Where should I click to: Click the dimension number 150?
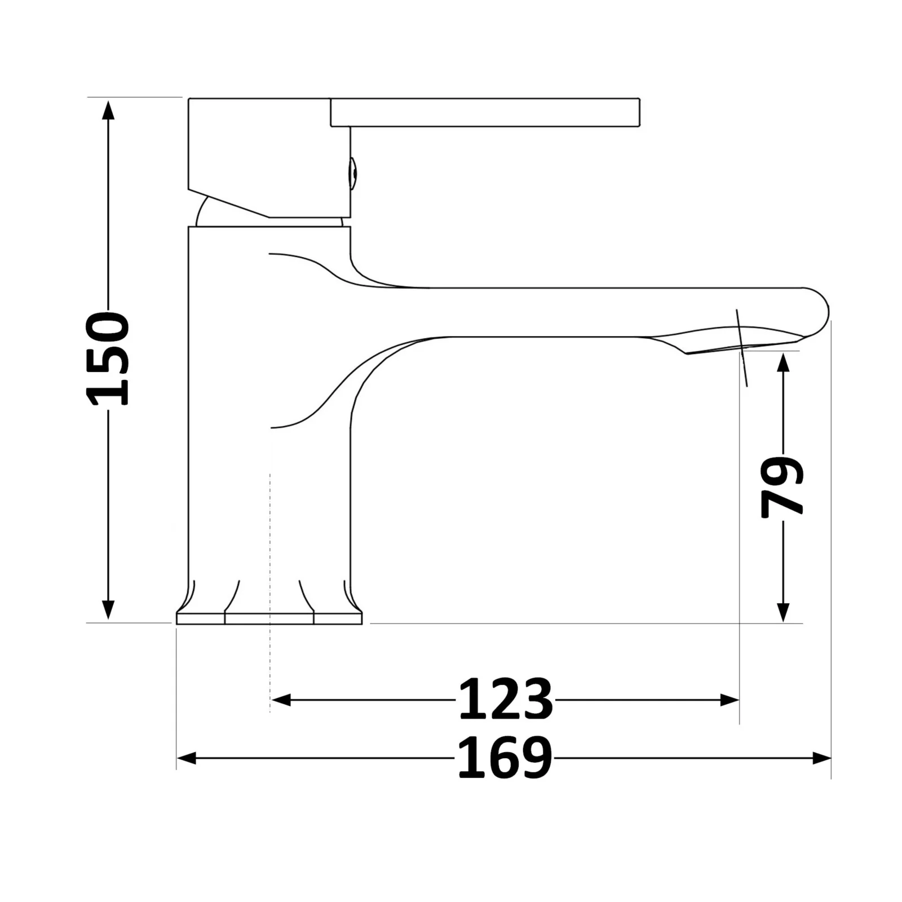pyautogui.click(x=108, y=359)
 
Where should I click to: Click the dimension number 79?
pyautogui.click(x=782, y=487)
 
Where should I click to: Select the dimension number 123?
pyautogui.click(x=505, y=700)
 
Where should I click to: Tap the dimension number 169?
pyautogui.click(x=505, y=758)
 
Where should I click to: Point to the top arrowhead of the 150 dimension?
pyautogui.click(x=108, y=109)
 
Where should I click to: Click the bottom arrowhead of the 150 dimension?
pyautogui.click(x=108, y=610)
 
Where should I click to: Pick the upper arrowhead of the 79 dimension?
pyautogui.click(x=782, y=364)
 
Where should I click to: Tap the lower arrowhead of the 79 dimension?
pyautogui.click(x=782, y=612)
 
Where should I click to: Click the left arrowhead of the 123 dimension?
pyautogui.click(x=281, y=700)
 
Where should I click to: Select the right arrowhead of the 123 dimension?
pyautogui.click(x=729, y=700)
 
